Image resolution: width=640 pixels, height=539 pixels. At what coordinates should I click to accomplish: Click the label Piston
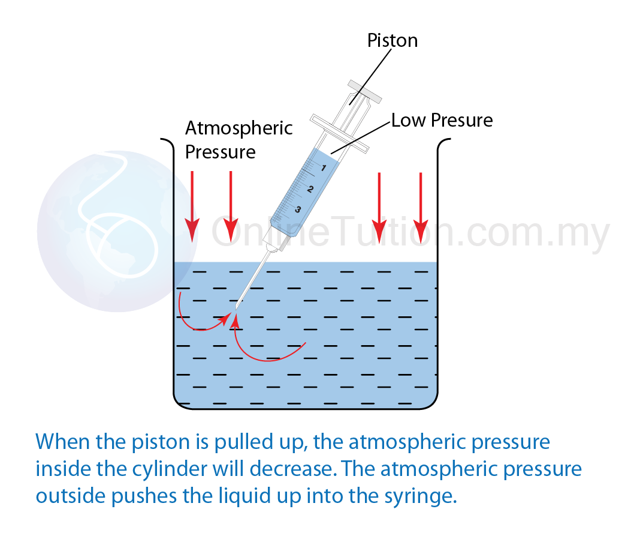[393, 40]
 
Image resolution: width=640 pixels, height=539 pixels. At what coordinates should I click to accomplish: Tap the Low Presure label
[442, 120]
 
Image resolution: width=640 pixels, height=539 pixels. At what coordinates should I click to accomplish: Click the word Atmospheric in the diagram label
[239, 128]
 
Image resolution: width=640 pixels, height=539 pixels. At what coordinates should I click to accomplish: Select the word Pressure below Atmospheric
[221, 152]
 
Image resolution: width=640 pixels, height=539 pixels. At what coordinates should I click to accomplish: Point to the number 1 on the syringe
[324, 167]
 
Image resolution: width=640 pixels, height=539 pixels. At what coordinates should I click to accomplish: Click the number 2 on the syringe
[310, 189]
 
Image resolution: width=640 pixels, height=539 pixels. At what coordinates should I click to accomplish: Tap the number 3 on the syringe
[298, 210]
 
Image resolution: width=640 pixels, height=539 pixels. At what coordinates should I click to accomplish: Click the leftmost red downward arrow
[192, 206]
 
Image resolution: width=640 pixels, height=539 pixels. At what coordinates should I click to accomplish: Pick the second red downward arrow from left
[231, 206]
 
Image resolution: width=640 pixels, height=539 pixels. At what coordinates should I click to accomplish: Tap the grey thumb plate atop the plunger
[364, 91]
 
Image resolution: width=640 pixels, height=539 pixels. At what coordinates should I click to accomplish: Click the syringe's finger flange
[339, 133]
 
